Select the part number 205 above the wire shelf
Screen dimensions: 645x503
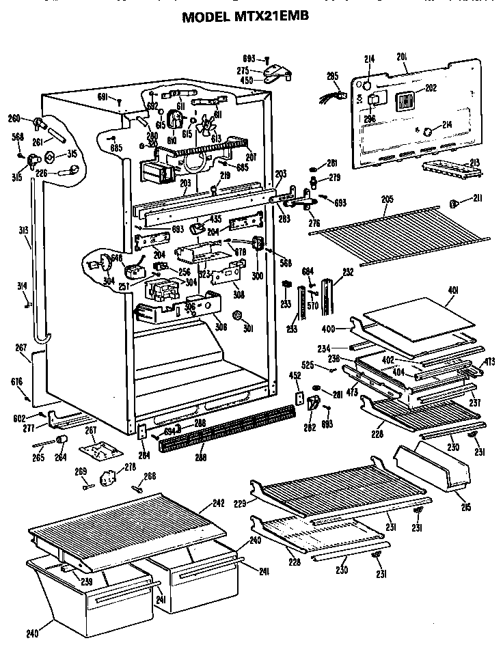pos(387,199)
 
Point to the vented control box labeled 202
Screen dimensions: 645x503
pos(407,102)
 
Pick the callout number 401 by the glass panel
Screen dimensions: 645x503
pos(452,289)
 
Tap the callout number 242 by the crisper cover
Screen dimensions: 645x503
pos(218,503)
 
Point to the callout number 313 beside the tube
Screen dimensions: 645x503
pos(24,231)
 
